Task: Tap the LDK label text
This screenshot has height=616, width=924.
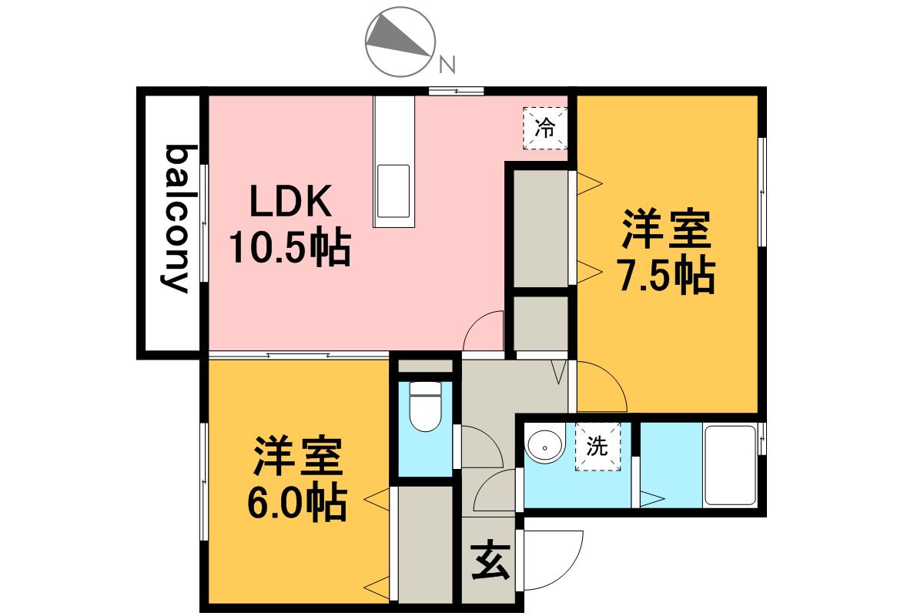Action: (291, 201)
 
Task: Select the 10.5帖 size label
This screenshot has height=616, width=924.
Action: (290, 248)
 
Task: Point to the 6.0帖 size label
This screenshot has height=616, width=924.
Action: (297, 503)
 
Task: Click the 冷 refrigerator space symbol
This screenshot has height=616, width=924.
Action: (545, 128)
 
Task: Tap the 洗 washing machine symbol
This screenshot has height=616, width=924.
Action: (598, 447)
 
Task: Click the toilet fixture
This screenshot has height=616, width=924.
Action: (425, 406)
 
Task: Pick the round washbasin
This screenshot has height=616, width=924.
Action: (545, 447)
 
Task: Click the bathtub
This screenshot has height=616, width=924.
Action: (730, 465)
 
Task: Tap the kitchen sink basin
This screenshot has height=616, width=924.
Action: (393, 191)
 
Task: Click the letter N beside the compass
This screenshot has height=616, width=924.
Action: (447, 65)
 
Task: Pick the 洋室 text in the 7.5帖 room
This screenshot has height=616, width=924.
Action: (667, 229)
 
